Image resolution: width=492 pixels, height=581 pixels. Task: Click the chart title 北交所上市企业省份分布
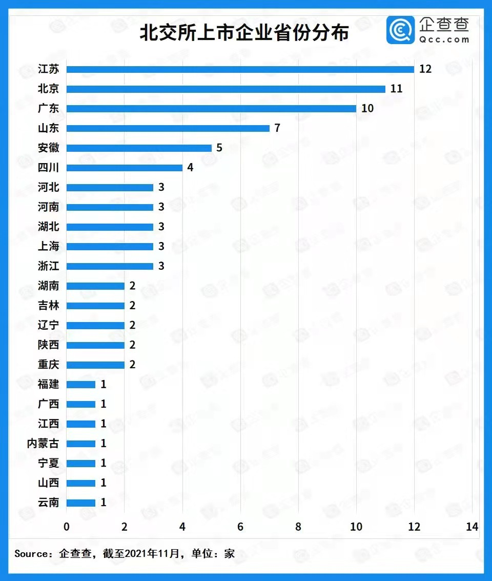click(244, 33)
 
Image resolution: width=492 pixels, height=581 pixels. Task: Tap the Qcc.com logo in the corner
click(428, 30)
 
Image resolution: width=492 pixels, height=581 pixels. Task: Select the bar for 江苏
click(240, 69)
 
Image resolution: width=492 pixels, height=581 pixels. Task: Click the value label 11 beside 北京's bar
click(396, 89)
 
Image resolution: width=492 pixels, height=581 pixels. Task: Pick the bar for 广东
click(211, 109)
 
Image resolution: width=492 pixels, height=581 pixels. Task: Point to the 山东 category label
click(49, 128)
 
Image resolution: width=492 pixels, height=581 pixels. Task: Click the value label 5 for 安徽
click(219, 148)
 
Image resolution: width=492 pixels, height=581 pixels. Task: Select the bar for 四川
click(125, 168)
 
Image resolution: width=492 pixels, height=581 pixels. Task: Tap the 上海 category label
click(49, 246)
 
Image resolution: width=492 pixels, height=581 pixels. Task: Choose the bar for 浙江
click(110, 266)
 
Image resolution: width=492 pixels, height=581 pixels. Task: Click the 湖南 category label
click(49, 286)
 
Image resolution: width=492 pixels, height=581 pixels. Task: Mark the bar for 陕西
click(95, 345)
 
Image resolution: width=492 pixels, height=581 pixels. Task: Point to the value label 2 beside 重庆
click(132, 365)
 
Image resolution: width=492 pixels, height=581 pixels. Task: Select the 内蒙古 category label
click(43, 444)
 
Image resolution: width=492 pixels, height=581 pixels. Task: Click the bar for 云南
click(81, 503)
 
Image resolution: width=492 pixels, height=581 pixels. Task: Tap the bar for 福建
click(81, 385)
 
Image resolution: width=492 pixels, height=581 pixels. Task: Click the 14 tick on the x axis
click(472, 527)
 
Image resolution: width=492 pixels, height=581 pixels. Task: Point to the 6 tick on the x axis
click(240, 527)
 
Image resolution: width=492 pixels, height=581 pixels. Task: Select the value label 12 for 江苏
click(425, 69)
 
